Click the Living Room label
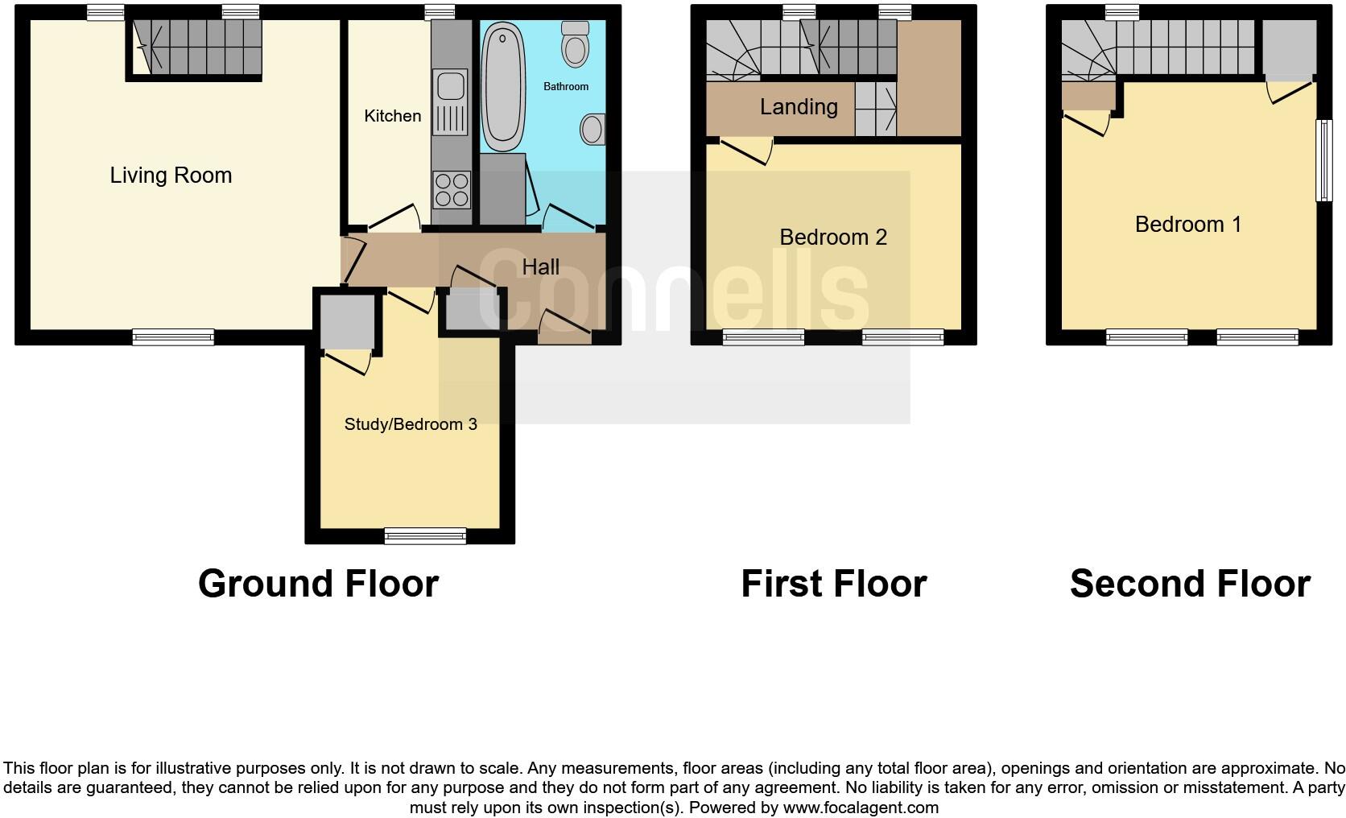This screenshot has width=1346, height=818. [x=171, y=176]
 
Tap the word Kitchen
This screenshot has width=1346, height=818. [x=392, y=116]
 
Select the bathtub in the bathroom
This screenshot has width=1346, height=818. [x=502, y=87]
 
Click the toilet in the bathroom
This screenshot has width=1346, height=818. [x=575, y=43]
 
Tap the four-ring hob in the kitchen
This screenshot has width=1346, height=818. [x=452, y=190]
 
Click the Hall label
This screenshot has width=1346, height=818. [x=540, y=266]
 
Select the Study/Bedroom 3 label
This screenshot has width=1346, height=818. [x=411, y=424]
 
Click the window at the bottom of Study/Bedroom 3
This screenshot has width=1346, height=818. [x=425, y=535]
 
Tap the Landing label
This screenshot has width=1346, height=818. [x=799, y=107]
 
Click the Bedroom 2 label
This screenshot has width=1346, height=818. [x=833, y=238]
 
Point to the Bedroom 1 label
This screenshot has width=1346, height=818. [x=1188, y=225]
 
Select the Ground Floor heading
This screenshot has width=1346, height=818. [x=318, y=584]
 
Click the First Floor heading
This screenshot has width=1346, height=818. [x=833, y=584]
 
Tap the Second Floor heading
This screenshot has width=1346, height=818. [x=1190, y=584]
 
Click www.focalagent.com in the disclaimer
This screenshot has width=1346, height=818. [x=861, y=807]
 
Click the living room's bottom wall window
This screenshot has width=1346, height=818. [x=173, y=337]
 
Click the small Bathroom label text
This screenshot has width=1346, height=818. [x=566, y=86]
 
